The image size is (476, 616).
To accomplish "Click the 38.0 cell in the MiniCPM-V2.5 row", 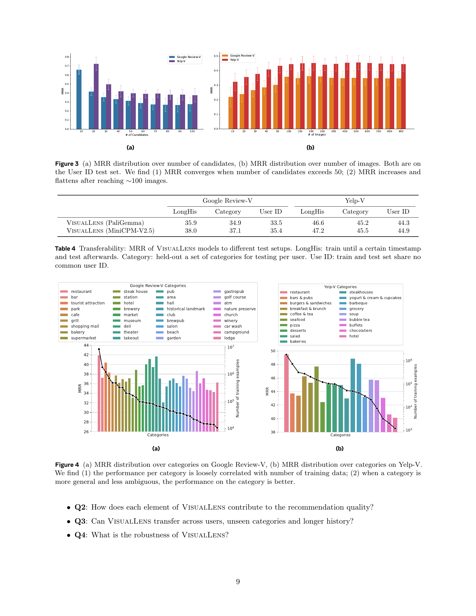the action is click(x=191, y=231).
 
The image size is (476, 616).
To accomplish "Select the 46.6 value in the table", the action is click(x=318, y=223).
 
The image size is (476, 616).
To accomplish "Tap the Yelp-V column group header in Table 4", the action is click(x=355, y=200).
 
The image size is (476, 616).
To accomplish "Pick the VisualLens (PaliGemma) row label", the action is click(x=105, y=223).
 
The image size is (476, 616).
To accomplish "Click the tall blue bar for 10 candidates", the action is click(x=79, y=99).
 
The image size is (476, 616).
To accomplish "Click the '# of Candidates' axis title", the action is click(x=137, y=135).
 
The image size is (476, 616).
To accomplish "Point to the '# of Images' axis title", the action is click(x=317, y=134).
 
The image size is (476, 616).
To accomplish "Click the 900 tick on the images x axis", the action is click(x=401, y=131).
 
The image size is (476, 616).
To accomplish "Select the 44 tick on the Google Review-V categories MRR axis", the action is click(x=86, y=345).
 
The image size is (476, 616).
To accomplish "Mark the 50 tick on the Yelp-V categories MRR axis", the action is click(x=273, y=351).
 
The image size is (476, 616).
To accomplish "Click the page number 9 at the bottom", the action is click(x=238, y=581).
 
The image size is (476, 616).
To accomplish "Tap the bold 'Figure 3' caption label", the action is click(x=67, y=164).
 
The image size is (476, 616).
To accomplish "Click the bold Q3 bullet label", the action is click(x=80, y=521).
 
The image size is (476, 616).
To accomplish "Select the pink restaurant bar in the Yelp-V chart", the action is click(x=286, y=393).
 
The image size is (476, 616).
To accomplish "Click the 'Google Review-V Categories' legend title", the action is click(x=158, y=285).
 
